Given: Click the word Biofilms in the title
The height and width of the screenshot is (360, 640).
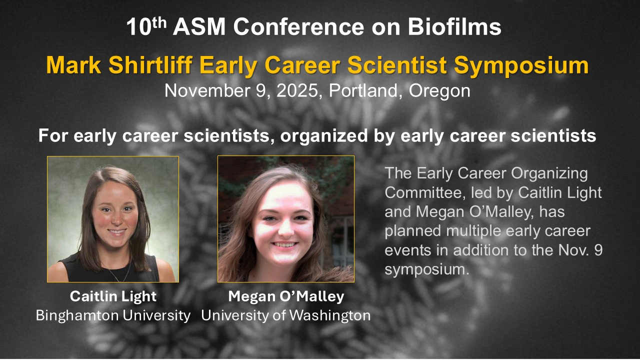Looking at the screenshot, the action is [x=454, y=26].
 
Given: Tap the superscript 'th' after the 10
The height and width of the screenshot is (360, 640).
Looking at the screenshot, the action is [x=159, y=22].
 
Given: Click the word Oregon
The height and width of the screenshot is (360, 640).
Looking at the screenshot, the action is [x=439, y=91].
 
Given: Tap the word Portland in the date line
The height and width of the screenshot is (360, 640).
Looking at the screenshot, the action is [x=363, y=90].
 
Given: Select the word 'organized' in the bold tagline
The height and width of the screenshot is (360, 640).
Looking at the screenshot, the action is [x=324, y=136].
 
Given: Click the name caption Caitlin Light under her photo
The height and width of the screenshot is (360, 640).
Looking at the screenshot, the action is [x=113, y=296].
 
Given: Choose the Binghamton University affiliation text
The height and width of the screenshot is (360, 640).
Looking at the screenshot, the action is [x=113, y=315].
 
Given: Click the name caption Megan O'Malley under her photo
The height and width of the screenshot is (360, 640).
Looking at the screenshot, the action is [x=286, y=296].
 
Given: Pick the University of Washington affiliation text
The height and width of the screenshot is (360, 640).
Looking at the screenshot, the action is [x=286, y=315].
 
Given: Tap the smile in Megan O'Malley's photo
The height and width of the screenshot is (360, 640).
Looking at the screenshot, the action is [x=285, y=244].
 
